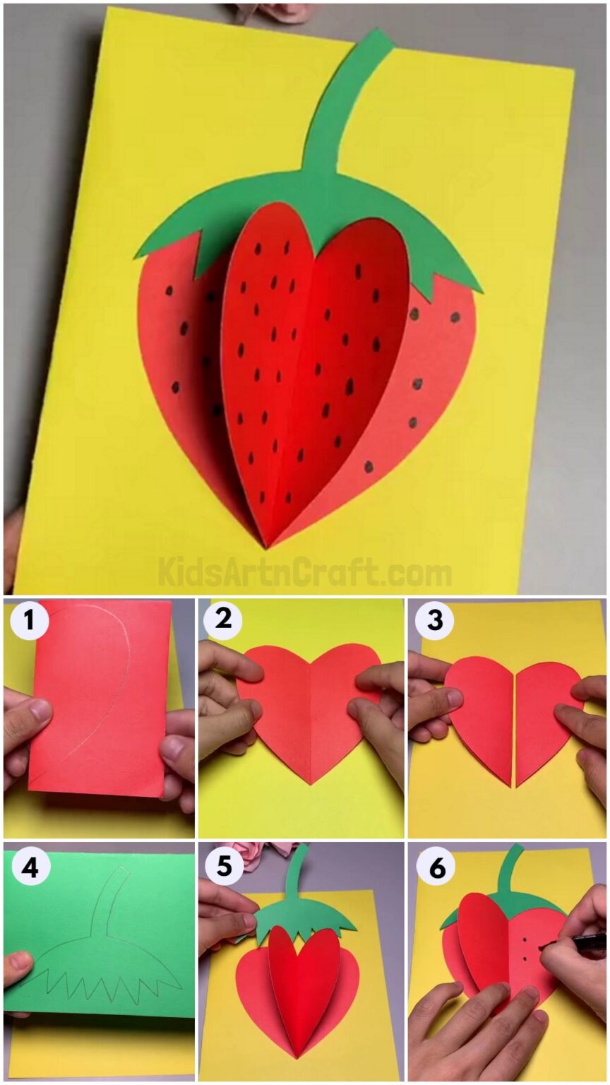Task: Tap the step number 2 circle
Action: click(x=222, y=620)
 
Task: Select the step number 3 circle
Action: click(x=434, y=620)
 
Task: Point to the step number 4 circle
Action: click(x=29, y=867)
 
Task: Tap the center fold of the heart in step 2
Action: click(x=311, y=713)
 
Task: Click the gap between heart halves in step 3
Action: click(x=515, y=721)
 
